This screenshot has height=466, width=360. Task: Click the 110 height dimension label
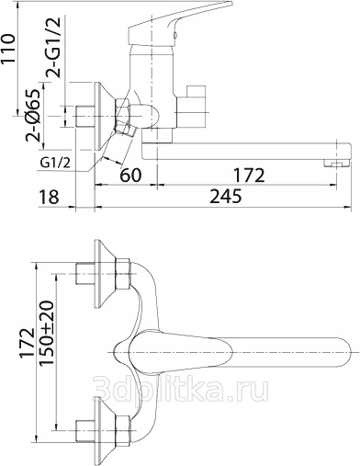(8, 49)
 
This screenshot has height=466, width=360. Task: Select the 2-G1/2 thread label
(53, 47)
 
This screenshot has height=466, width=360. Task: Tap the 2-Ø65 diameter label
(33, 115)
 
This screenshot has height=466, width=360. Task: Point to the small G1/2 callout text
(55, 164)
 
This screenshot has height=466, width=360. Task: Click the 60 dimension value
(130, 175)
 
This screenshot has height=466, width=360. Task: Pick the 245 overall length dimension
(226, 196)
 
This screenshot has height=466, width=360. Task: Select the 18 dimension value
(49, 197)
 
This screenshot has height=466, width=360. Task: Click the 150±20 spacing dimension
(47, 333)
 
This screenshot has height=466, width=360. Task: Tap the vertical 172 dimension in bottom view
(28, 343)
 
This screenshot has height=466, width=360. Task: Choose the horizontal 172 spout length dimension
(249, 176)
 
